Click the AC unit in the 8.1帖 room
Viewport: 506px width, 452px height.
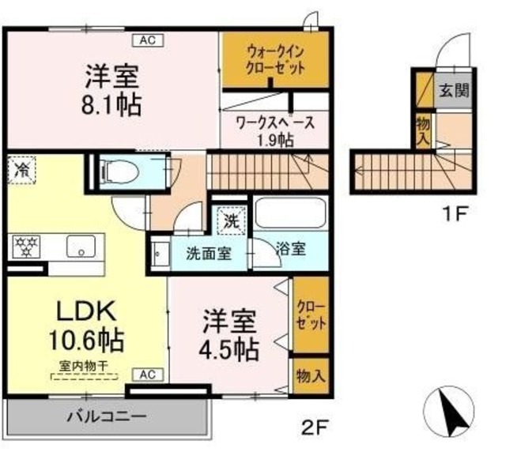[x=149, y=40]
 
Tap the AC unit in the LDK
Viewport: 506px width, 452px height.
[x=149, y=375]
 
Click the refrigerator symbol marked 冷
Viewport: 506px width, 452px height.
[x=21, y=170]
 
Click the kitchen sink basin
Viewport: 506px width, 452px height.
[x=81, y=247]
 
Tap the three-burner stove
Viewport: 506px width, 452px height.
[x=26, y=247]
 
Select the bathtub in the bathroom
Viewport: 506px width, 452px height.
[x=290, y=213]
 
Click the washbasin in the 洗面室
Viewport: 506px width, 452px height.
[x=160, y=254]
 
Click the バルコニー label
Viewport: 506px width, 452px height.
[x=107, y=416]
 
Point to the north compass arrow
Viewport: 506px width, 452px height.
[x=455, y=411]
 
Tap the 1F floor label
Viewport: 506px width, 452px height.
[x=455, y=213]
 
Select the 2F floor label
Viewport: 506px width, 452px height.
[x=315, y=428]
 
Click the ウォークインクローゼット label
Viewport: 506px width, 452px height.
[x=275, y=60]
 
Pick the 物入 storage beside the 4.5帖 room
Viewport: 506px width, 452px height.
[x=311, y=376]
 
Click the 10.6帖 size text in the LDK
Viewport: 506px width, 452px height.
[x=86, y=341]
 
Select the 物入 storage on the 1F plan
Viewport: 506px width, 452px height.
[x=424, y=131]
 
